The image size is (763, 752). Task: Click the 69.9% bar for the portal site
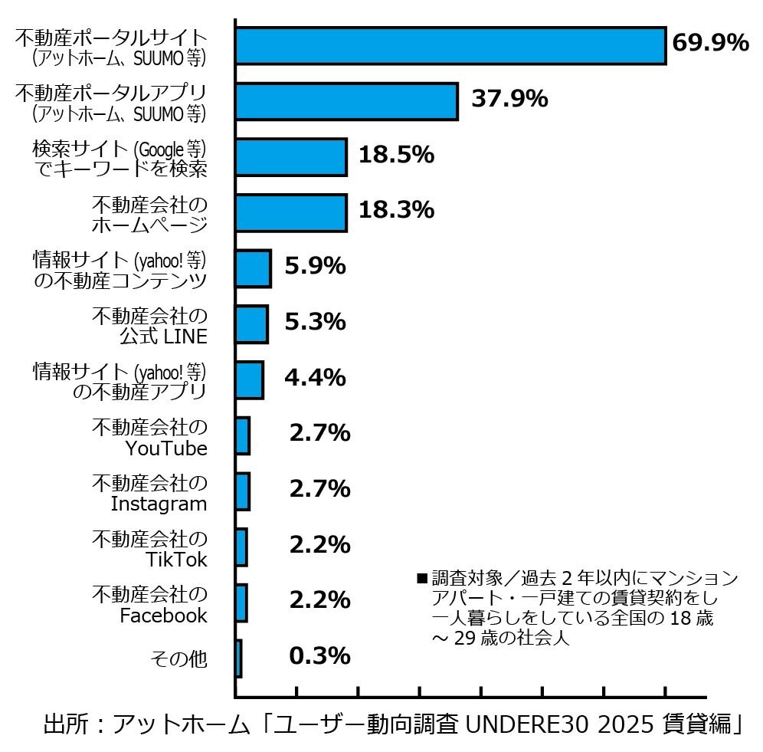point(450,45)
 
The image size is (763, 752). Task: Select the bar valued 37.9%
point(346,101)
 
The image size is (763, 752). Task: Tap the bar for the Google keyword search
point(291,157)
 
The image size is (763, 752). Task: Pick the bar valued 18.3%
point(291,212)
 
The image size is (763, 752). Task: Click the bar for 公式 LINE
point(251,323)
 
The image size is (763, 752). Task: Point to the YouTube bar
point(243,435)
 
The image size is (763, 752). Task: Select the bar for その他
point(239,658)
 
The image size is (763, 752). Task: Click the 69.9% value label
point(709,43)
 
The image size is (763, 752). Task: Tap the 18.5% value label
point(396,155)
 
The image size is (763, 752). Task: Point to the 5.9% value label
point(315,266)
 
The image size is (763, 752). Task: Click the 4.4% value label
point(315,378)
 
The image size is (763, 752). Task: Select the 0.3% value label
point(319,656)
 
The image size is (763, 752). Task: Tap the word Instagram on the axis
point(159,504)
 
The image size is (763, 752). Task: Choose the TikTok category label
point(176,560)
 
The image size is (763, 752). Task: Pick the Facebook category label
point(163,615)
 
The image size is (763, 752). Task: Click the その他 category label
point(178,658)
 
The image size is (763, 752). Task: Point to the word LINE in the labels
point(187,337)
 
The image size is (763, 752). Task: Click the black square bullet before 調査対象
point(421,577)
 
